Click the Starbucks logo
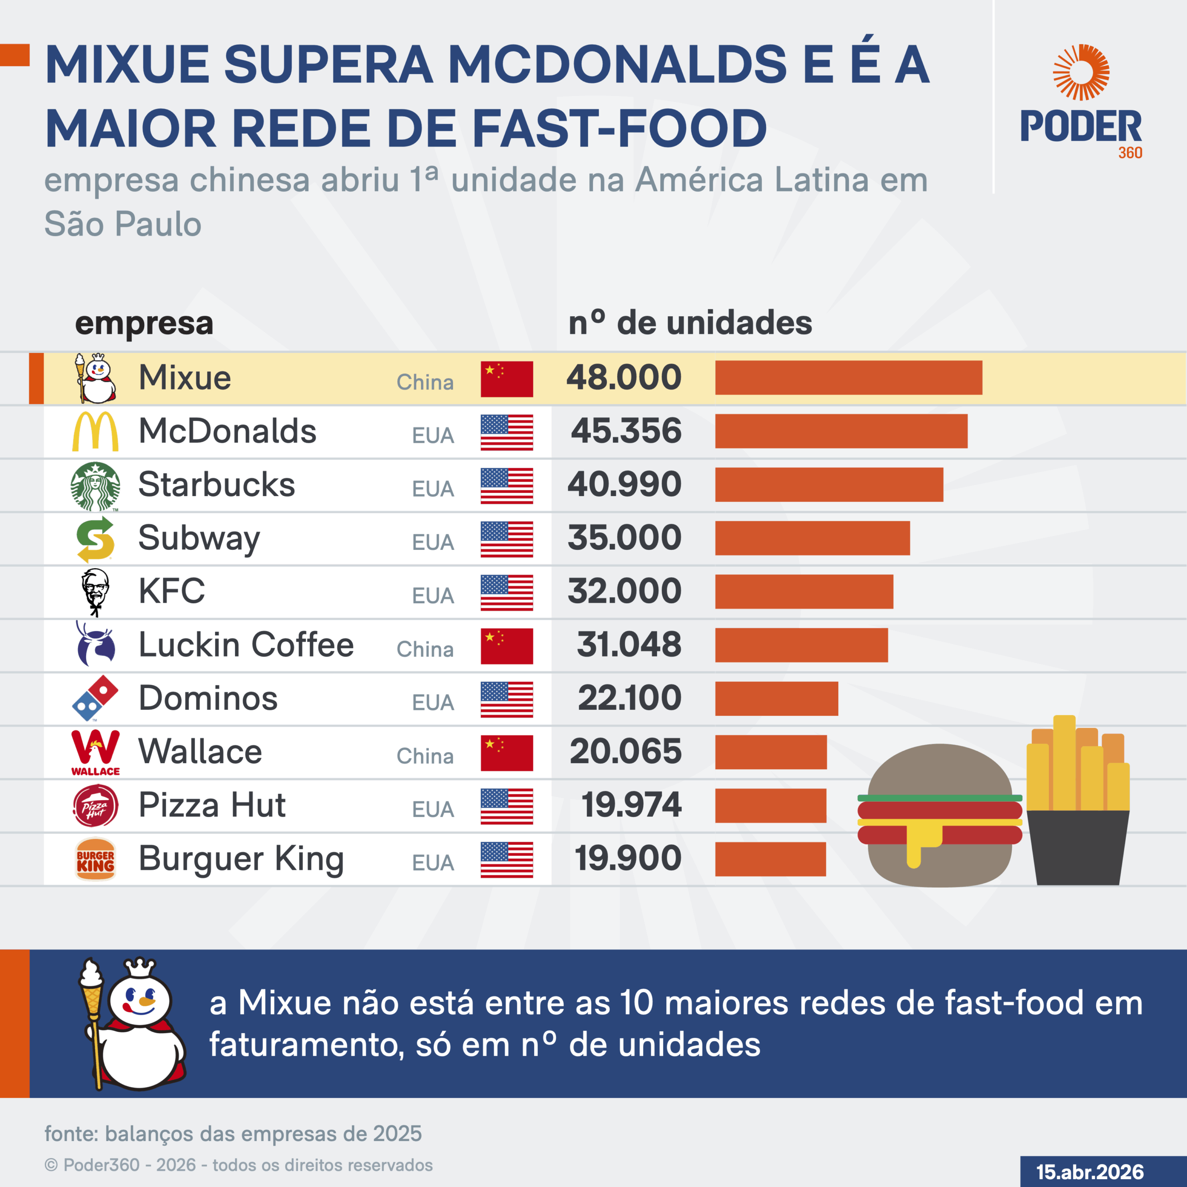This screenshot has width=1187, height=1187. coord(95,486)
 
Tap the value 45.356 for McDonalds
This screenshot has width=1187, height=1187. coord(626,431)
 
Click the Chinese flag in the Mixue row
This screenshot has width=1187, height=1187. coord(506,379)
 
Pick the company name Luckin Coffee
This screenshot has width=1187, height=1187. coord(246,645)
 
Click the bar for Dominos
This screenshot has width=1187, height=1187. coord(776,699)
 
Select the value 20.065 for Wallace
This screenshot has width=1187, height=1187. coord(625,752)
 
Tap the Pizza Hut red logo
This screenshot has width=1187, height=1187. coord(95,806)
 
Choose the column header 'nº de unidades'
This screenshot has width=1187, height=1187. coord(690,323)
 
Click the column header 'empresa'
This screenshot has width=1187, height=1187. coord(144,323)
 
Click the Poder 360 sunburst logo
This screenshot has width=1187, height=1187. coord(1081,72)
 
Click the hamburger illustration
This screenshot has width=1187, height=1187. coord(939,816)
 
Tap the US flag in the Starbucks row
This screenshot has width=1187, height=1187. coord(506,486)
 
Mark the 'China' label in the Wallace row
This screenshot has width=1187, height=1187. coord(425,756)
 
